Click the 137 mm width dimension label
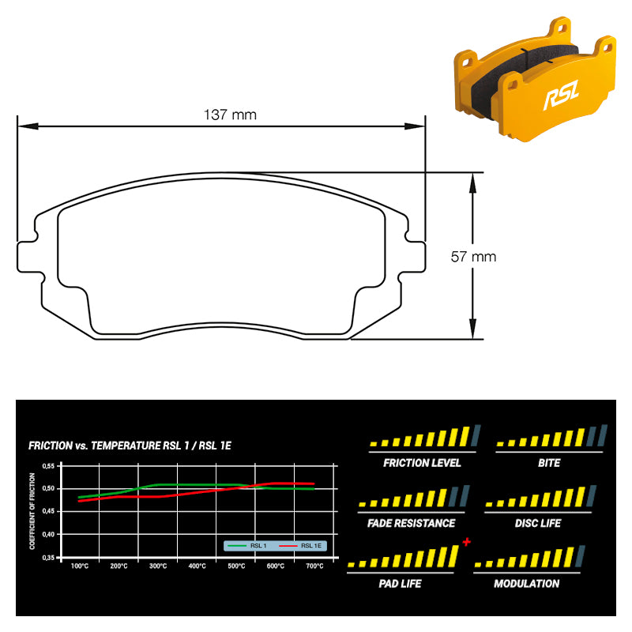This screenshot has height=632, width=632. pyautogui.click(x=230, y=115)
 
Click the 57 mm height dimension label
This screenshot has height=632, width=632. pyautogui.click(x=473, y=257)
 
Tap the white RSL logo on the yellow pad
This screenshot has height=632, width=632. pyautogui.click(x=562, y=95)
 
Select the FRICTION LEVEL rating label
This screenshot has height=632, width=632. pyautogui.click(x=422, y=463)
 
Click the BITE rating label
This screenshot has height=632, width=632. pyautogui.click(x=549, y=463)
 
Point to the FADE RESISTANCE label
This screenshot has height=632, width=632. pyautogui.click(x=411, y=523)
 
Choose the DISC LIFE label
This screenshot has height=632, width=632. pyautogui.click(x=538, y=523)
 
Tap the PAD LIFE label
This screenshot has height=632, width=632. pyautogui.click(x=400, y=584)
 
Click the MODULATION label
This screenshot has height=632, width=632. pyautogui.click(x=526, y=584)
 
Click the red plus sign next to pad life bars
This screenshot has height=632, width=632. pyautogui.click(x=467, y=542)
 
